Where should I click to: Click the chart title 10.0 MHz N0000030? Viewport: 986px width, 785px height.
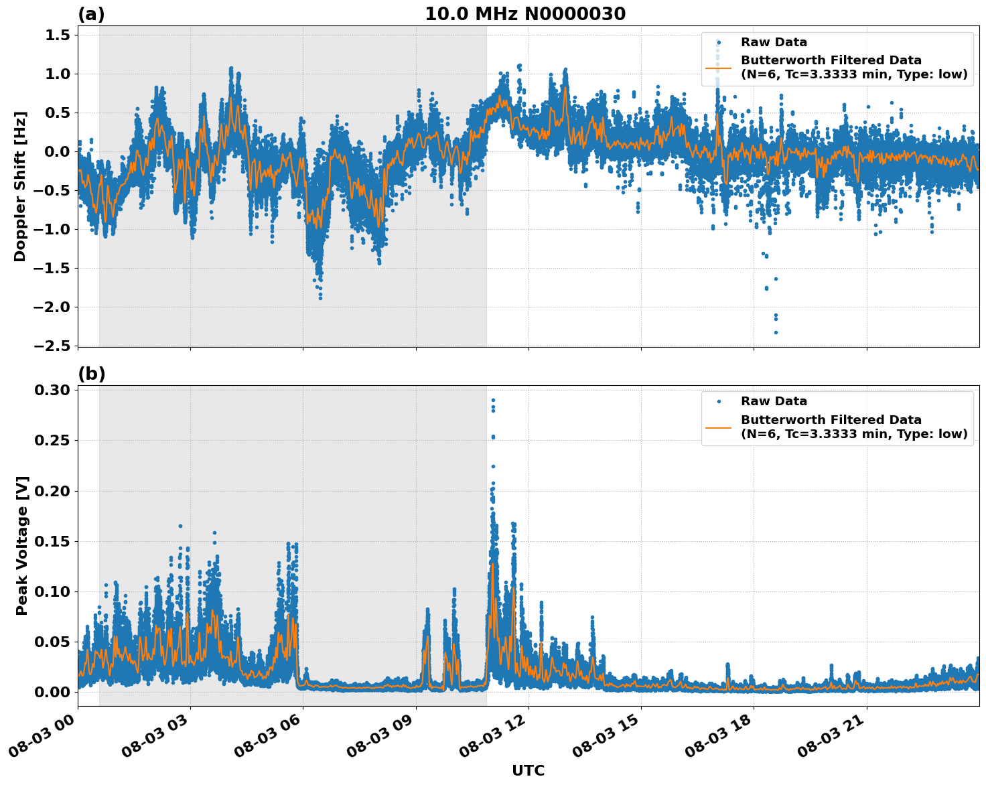tap(525, 14)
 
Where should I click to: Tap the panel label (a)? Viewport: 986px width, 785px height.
tap(91, 14)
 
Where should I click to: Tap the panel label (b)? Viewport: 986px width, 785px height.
tap(91, 374)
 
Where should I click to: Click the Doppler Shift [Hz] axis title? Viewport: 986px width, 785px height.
tap(20, 186)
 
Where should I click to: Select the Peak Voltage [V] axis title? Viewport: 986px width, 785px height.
tap(22, 546)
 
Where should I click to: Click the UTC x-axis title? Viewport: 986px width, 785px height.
tap(528, 770)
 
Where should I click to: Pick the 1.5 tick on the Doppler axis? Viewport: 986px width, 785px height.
tap(58, 35)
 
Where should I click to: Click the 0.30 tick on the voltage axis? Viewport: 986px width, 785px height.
tap(54, 390)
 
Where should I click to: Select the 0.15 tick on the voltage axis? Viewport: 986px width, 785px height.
tap(54, 541)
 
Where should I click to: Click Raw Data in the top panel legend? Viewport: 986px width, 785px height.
tap(774, 42)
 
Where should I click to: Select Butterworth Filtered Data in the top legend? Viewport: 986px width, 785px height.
tap(831, 60)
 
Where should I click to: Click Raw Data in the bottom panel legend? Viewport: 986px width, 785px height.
tap(774, 401)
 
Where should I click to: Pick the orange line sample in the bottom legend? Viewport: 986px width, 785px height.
tap(718, 427)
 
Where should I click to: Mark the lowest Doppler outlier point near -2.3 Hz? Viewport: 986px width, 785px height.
tap(776, 332)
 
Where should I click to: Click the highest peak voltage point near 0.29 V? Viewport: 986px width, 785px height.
tap(493, 401)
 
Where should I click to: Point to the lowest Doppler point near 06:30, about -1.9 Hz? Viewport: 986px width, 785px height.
tap(320, 297)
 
